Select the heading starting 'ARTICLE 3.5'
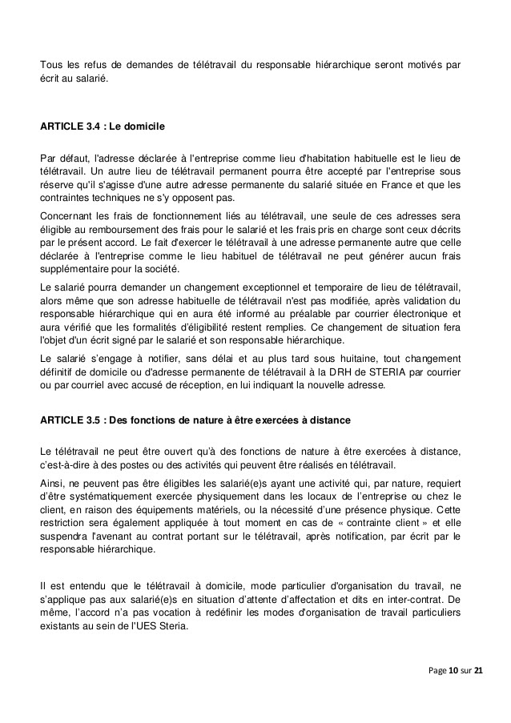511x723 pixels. coord(195,420)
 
